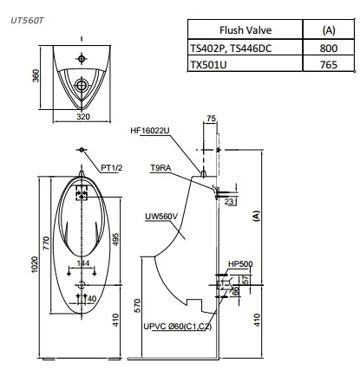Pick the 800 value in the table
pos(328,49)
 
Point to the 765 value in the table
pos(328,65)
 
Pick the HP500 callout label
pos(239,263)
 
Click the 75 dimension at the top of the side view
pos(212,119)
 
